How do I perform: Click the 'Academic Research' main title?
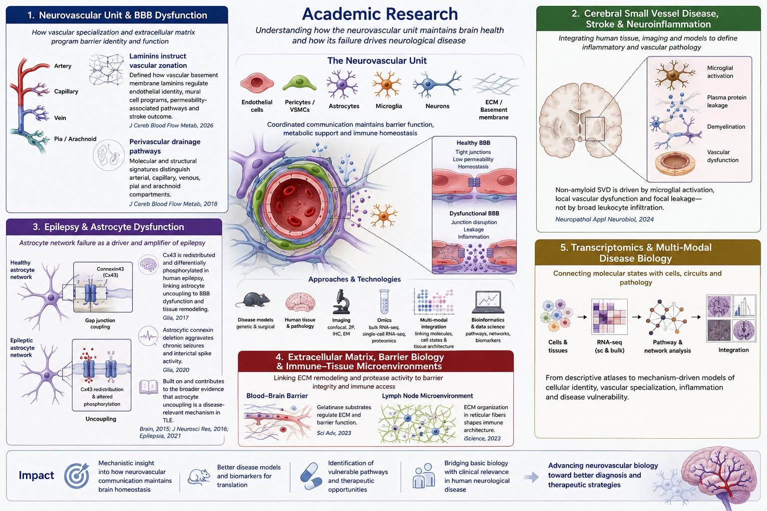tap(380, 14)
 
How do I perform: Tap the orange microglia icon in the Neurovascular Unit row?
tap(386, 84)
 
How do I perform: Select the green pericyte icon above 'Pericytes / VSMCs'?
tap(299, 83)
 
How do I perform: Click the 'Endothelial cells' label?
tap(257, 106)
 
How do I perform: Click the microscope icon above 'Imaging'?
tap(341, 301)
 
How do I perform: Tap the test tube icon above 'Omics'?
tap(384, 301)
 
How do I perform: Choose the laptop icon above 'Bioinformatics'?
tap(488, 302)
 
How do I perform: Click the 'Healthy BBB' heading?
tap(473, 143)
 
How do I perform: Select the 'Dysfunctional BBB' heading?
tap(474, 213)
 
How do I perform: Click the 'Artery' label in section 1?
tap(62, 66)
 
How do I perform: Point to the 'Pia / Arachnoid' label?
tap(75, 139)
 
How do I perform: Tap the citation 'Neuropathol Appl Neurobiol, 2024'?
tap(604, 220)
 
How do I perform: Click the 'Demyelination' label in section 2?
tap(726, 127)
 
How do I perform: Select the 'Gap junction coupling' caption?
tap(100, 323)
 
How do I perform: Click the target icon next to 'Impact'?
tap(77, 476)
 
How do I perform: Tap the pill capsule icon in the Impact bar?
tap(311, 476)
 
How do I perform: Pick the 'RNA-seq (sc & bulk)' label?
tap(610, 346)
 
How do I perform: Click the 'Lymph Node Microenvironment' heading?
tap(427, 396)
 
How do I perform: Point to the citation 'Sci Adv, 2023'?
tap(334, 433)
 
